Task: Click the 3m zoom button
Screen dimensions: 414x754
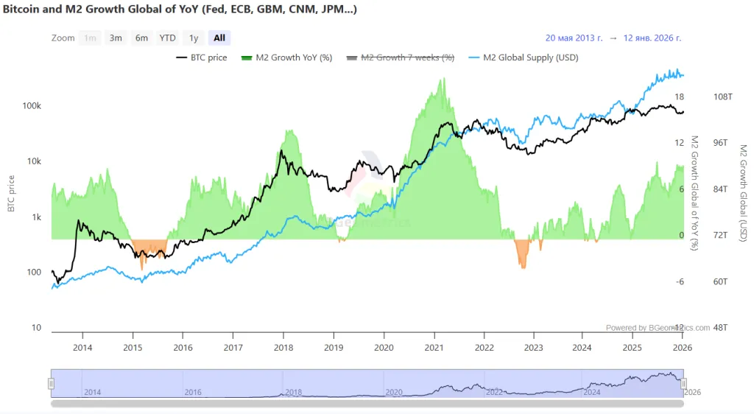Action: (116, 38)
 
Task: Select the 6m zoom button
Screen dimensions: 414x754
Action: (141, 38)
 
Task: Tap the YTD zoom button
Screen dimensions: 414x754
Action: (168, 38)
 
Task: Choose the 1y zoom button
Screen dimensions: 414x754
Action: (194, 38)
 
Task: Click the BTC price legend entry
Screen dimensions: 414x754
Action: (202, 57)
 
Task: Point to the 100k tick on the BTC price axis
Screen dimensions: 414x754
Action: (31, 106)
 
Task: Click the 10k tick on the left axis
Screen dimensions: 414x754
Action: (32, 161)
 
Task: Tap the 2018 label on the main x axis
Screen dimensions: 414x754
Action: (283, 347)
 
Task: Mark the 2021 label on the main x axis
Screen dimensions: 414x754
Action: (434, 347)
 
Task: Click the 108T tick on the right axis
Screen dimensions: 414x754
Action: (723, 97)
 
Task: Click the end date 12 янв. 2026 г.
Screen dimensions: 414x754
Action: (652, 38)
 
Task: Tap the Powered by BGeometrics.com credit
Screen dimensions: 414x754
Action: (658, 328)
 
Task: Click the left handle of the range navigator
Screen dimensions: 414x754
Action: (52, 383)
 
